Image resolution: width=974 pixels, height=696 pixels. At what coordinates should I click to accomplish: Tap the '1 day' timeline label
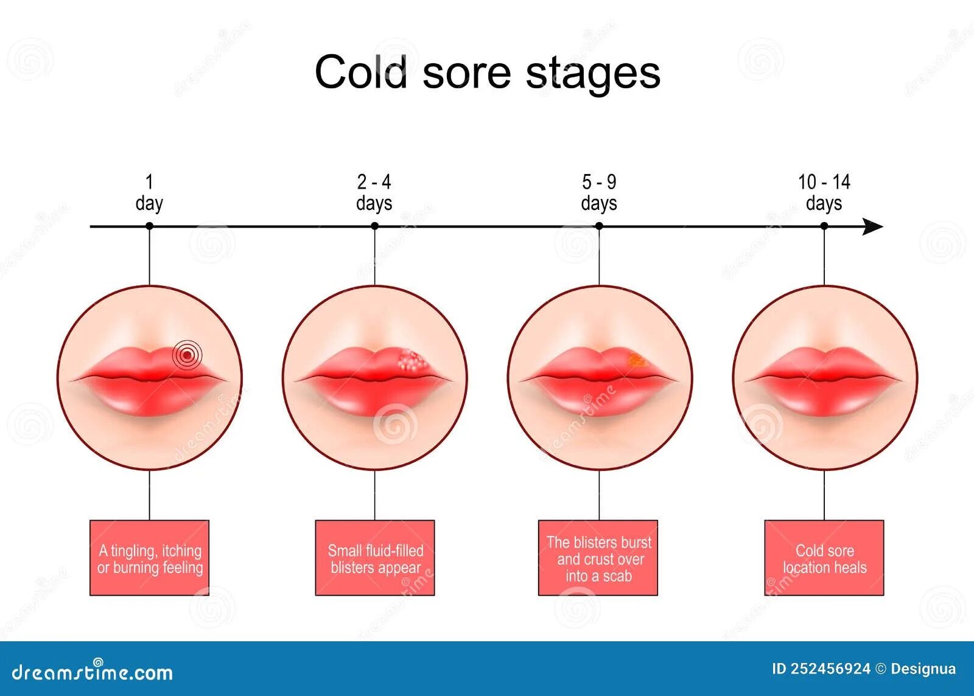tap(149, 192)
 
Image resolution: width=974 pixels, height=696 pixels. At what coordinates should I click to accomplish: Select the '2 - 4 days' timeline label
tap(374, 192)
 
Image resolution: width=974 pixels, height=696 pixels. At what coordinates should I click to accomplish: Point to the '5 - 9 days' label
tap(599, 192)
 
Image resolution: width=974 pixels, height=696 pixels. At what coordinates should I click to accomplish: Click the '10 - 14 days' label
tap(824, 192)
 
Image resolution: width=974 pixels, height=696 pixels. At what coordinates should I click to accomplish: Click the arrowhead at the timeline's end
tap(874, 227)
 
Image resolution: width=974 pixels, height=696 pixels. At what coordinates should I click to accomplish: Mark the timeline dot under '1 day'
tap(150, 226)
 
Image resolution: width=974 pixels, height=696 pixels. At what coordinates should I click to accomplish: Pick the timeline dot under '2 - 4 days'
tap(375, 226)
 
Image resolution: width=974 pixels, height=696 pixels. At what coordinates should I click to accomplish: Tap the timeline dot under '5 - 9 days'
tap(599, 226)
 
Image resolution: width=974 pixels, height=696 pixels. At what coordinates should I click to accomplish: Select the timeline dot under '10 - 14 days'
tap(824, 226)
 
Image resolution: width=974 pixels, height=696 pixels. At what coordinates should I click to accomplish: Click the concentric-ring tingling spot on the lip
tap(187, 354)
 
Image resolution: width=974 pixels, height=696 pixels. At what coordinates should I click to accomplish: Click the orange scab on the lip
tap(636, 360)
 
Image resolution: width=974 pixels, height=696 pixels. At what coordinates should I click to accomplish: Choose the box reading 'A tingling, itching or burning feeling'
tap(150, 558)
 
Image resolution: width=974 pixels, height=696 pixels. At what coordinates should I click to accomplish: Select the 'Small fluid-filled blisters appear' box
tap(375, 558)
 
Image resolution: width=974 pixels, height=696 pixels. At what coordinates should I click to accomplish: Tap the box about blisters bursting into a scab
tap(598, 558)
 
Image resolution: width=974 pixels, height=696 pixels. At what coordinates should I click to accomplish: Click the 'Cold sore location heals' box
tap(824, 558)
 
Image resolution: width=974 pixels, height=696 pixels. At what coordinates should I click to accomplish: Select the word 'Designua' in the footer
tap(923, 669)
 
